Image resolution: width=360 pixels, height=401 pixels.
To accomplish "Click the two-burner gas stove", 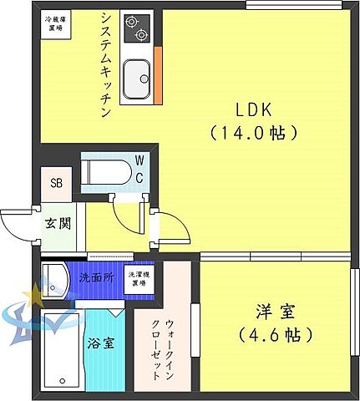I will point(136,29).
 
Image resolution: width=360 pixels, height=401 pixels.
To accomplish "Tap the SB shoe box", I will point(56,184).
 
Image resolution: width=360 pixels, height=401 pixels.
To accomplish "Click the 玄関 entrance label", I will point(58,224).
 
